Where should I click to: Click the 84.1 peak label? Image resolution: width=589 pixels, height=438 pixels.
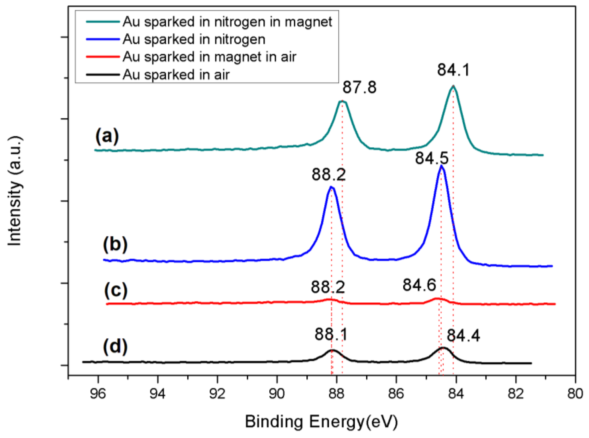[x=453, y=70]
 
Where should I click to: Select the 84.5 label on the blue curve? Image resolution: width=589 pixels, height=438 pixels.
[x=432, y=159]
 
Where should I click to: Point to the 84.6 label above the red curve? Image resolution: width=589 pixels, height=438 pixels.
[x=419, y=285]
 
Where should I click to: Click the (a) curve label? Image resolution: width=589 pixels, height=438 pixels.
[x=107, y=136]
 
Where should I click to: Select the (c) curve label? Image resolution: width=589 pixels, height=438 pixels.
[x=116, y=290]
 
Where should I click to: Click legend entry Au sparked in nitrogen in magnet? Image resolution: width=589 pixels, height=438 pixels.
[x=227, y=22]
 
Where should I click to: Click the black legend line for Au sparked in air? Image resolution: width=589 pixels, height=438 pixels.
[x=103, y=74]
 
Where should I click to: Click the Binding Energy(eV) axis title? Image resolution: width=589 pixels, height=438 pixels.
[x=321, y=422]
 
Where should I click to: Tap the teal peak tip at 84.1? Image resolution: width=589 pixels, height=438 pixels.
[x=453, y=86]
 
